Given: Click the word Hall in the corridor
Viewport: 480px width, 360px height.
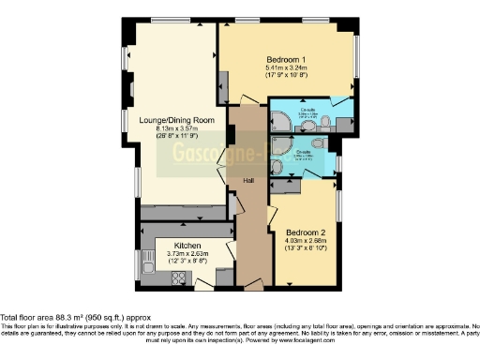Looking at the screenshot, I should pos(248,180).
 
